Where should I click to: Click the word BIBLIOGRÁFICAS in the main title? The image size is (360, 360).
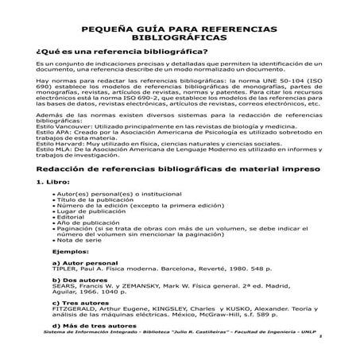[179, 37]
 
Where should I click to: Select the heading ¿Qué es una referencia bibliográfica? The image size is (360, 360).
[122, 52]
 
